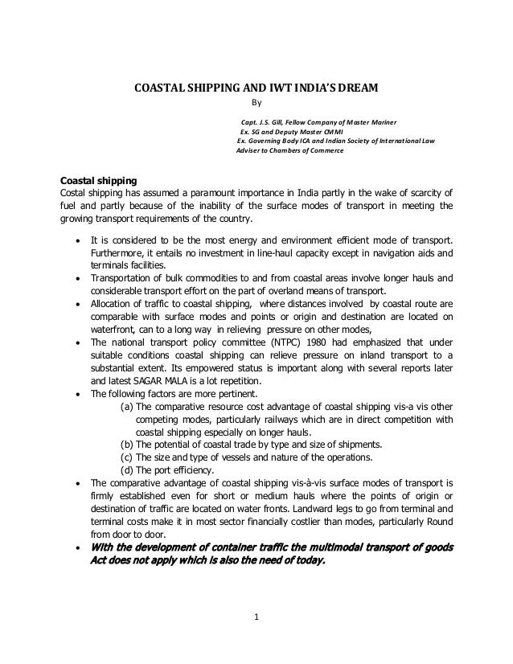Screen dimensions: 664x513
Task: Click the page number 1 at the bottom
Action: [x=255, y=617]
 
